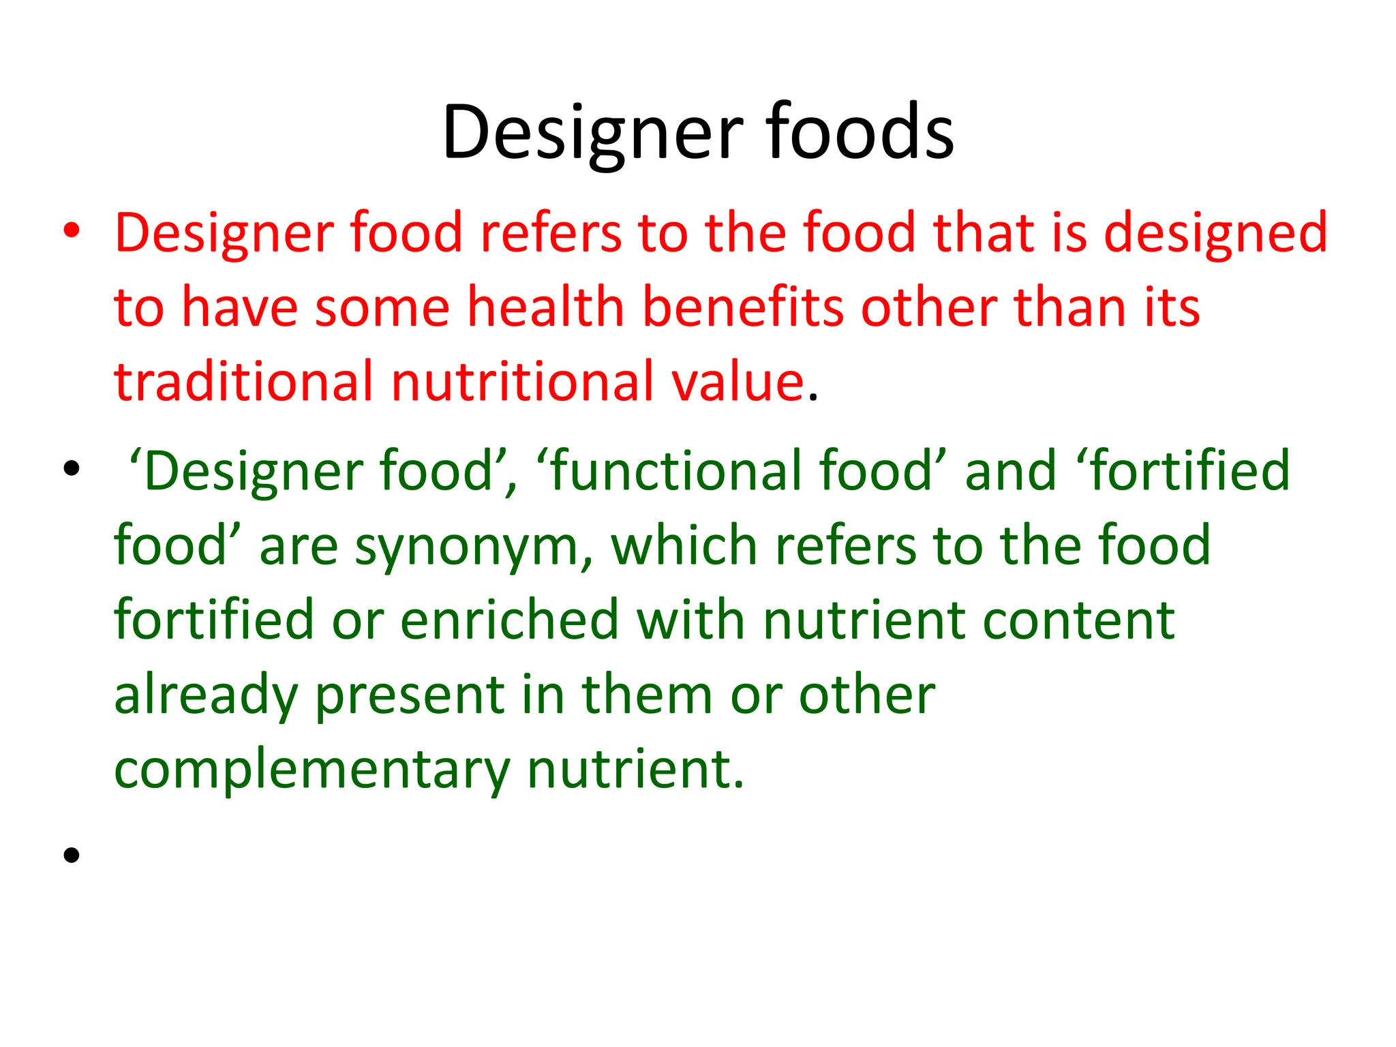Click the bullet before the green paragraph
click(x=72, y=469)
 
